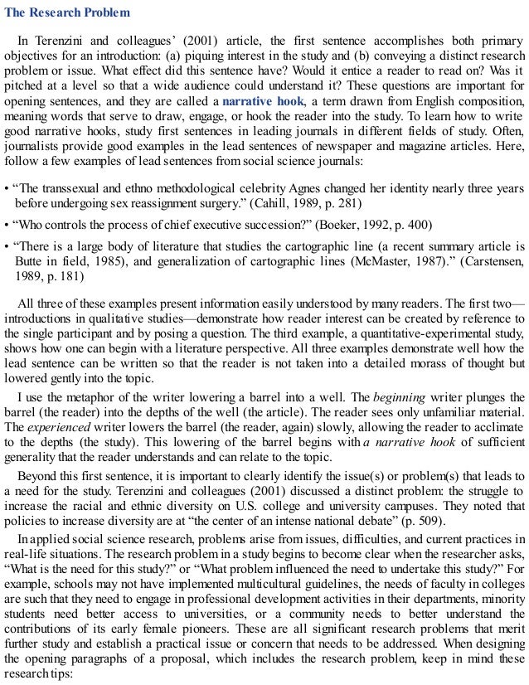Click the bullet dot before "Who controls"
[7, 224]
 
